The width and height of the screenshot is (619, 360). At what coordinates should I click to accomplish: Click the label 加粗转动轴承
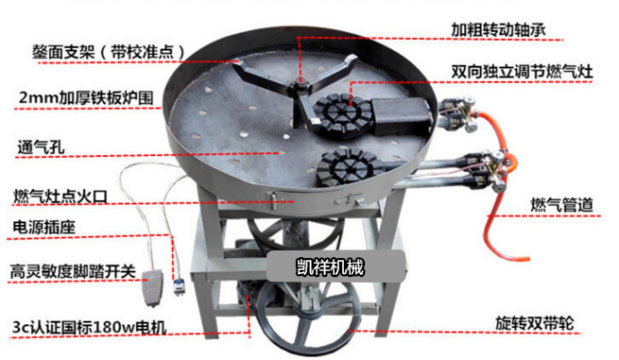click(x=498, y=29)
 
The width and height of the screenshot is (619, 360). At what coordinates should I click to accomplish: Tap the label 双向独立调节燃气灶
click(x=522, y=72)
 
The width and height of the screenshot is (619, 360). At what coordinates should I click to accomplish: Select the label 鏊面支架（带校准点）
click(x=110, y=52)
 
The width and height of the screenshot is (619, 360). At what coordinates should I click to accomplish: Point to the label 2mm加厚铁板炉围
click(x=86, y=97)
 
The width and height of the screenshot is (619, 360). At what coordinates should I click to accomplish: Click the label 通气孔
click(x=41, y=147)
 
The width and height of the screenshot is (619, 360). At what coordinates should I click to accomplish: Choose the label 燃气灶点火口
click(x=60, y=197)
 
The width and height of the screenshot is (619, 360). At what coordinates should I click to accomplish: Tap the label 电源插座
click(x=43, y=227)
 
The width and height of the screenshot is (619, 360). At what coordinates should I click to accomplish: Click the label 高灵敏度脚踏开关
click(x=73, y=271)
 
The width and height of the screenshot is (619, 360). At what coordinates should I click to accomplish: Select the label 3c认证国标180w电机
click(x=89, y=327)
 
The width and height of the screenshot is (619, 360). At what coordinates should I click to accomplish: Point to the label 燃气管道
click(x=561, y=205)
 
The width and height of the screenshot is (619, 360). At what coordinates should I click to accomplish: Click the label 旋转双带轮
click(x=535, y=323)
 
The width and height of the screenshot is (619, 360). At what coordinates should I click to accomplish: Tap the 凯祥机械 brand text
click(x=330, y=267)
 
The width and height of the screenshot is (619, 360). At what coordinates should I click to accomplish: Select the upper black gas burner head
click(x=341, y=114)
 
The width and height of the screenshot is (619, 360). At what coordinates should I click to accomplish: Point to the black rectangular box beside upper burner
click(x=401, y=115)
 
